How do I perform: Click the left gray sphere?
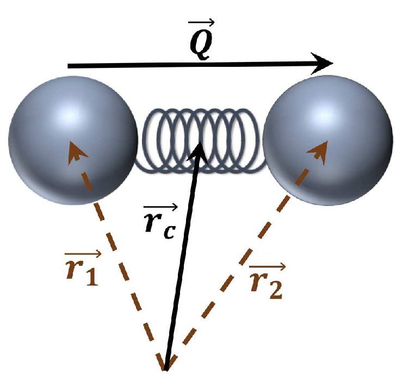[73, 140]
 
